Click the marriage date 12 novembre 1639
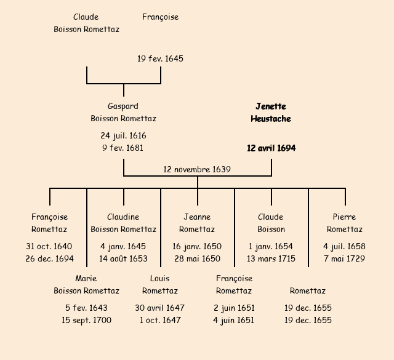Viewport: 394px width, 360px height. click(x=197, y=169)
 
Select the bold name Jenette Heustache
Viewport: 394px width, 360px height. click(x=271, y=113)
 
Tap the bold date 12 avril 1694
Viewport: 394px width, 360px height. click(x=271, y=148)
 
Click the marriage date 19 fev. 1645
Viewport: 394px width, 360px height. click(x=160, y=59)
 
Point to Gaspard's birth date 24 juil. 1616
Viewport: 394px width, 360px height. click(x=123, y=135)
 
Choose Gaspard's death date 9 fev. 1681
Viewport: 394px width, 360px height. click(x=123, y=148)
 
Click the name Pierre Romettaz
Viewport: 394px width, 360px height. click(x=345, y=223)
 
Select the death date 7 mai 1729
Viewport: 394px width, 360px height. click(x=345, y=258)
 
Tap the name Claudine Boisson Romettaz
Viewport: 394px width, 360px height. click(x=123, y=223)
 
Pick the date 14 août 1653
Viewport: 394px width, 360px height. click(x=123, y=258)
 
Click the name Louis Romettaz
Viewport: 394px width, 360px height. click(x=160, y=284)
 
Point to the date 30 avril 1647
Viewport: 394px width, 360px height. click(x=160, y=308)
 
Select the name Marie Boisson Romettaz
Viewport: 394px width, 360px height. click(x=86, y=284)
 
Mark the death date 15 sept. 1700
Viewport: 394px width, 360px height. click(x=86, y=320)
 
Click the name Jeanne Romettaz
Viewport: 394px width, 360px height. click(x=197, y=223)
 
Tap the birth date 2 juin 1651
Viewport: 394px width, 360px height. click(x=234, y=308)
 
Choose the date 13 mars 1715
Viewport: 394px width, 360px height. click(x=271, y=258)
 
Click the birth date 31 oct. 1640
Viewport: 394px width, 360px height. click(x=49, y=246)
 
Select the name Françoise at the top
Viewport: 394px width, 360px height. click(x=160, y=17)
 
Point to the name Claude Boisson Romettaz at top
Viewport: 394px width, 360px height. click(x=86, y=23)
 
